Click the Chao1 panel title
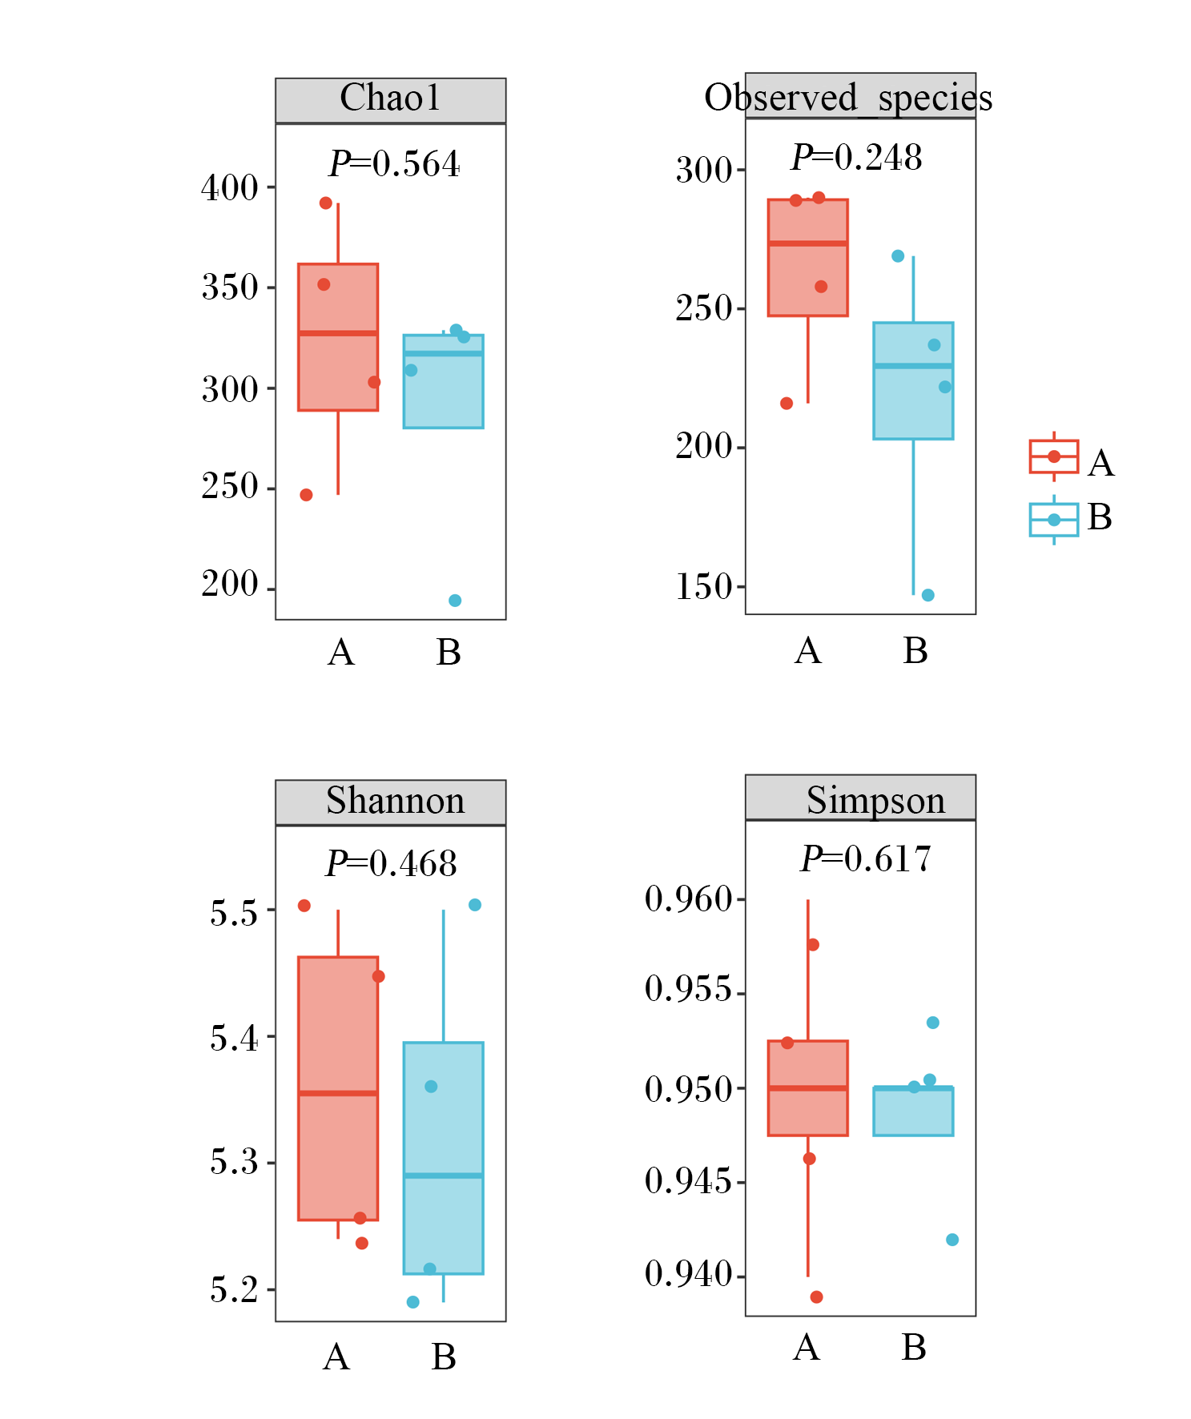click(x=390, y=98)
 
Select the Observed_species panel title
click(x=848, y=98)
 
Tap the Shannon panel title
click(x=395, y=801)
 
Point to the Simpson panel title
click(x=875, y=801)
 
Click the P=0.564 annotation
click(x=394, y=163)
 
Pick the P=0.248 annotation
click(x=856, y=157)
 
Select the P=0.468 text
click(x=391, y=863)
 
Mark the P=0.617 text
click(x=866, y=858)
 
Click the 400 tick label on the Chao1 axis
click(x=230, y=188)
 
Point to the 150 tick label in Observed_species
click(x=704, y=587)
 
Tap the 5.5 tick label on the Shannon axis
click(x=234, y=913)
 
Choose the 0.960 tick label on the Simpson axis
click(x=689, y=899)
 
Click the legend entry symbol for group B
click(x=1054, y=520)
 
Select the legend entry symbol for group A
click(x=1054, y=456)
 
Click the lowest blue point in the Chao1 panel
click(x=455, y=601)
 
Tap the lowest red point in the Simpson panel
click(x=816, y=1296)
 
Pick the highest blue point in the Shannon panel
click(x=475, y=905)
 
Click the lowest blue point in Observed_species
click(x=927, y=595)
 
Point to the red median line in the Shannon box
click(x=338, y=1093)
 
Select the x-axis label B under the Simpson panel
click(x=914, y=1348)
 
